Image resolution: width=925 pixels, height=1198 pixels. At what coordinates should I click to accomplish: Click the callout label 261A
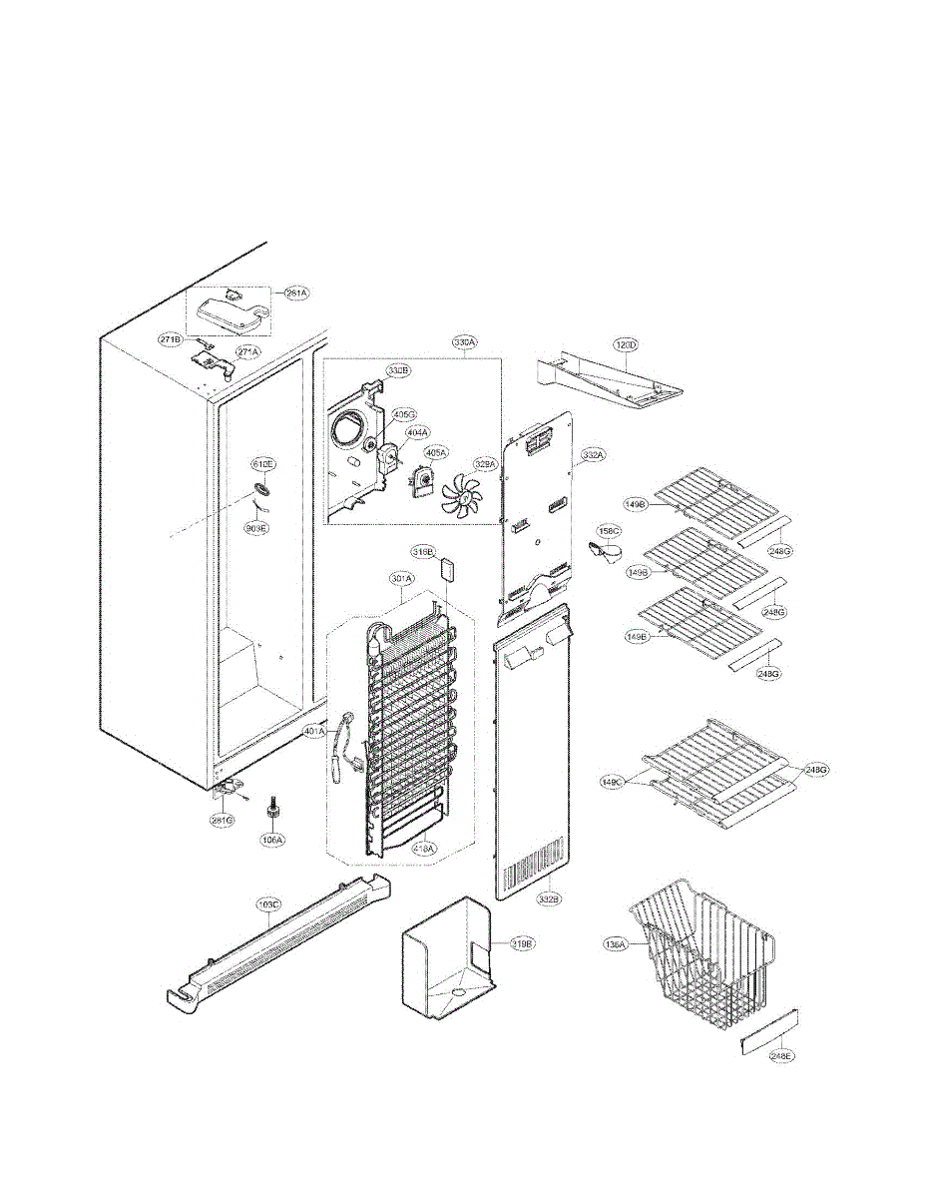pos(296,293)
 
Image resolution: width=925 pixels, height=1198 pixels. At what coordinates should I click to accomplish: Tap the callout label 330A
pos(464,342)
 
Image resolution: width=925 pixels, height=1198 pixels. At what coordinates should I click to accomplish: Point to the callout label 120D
pos(626,344)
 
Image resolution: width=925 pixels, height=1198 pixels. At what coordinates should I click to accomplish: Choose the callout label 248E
pos(781,1054)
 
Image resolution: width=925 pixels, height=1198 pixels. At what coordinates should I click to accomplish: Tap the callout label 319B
pos(523,942)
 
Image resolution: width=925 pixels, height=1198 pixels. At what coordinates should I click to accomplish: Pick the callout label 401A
pos(314,732)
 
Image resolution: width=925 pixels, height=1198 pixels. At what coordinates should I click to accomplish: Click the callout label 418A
pos(423,849)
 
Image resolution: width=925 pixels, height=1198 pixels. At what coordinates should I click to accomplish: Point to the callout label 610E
pos(262,464)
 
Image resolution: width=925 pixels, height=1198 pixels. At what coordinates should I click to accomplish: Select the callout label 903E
pos(257,528)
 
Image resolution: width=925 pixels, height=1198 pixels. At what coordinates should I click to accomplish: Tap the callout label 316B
pos(423,551)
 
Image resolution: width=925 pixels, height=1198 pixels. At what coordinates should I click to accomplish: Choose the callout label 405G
pos(404,413)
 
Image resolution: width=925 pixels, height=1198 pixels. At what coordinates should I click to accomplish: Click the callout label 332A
pos(593,455)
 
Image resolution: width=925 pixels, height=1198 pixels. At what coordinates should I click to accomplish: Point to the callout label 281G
pos(221,820)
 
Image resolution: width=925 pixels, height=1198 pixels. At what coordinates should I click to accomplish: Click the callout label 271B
pos(171,339)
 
